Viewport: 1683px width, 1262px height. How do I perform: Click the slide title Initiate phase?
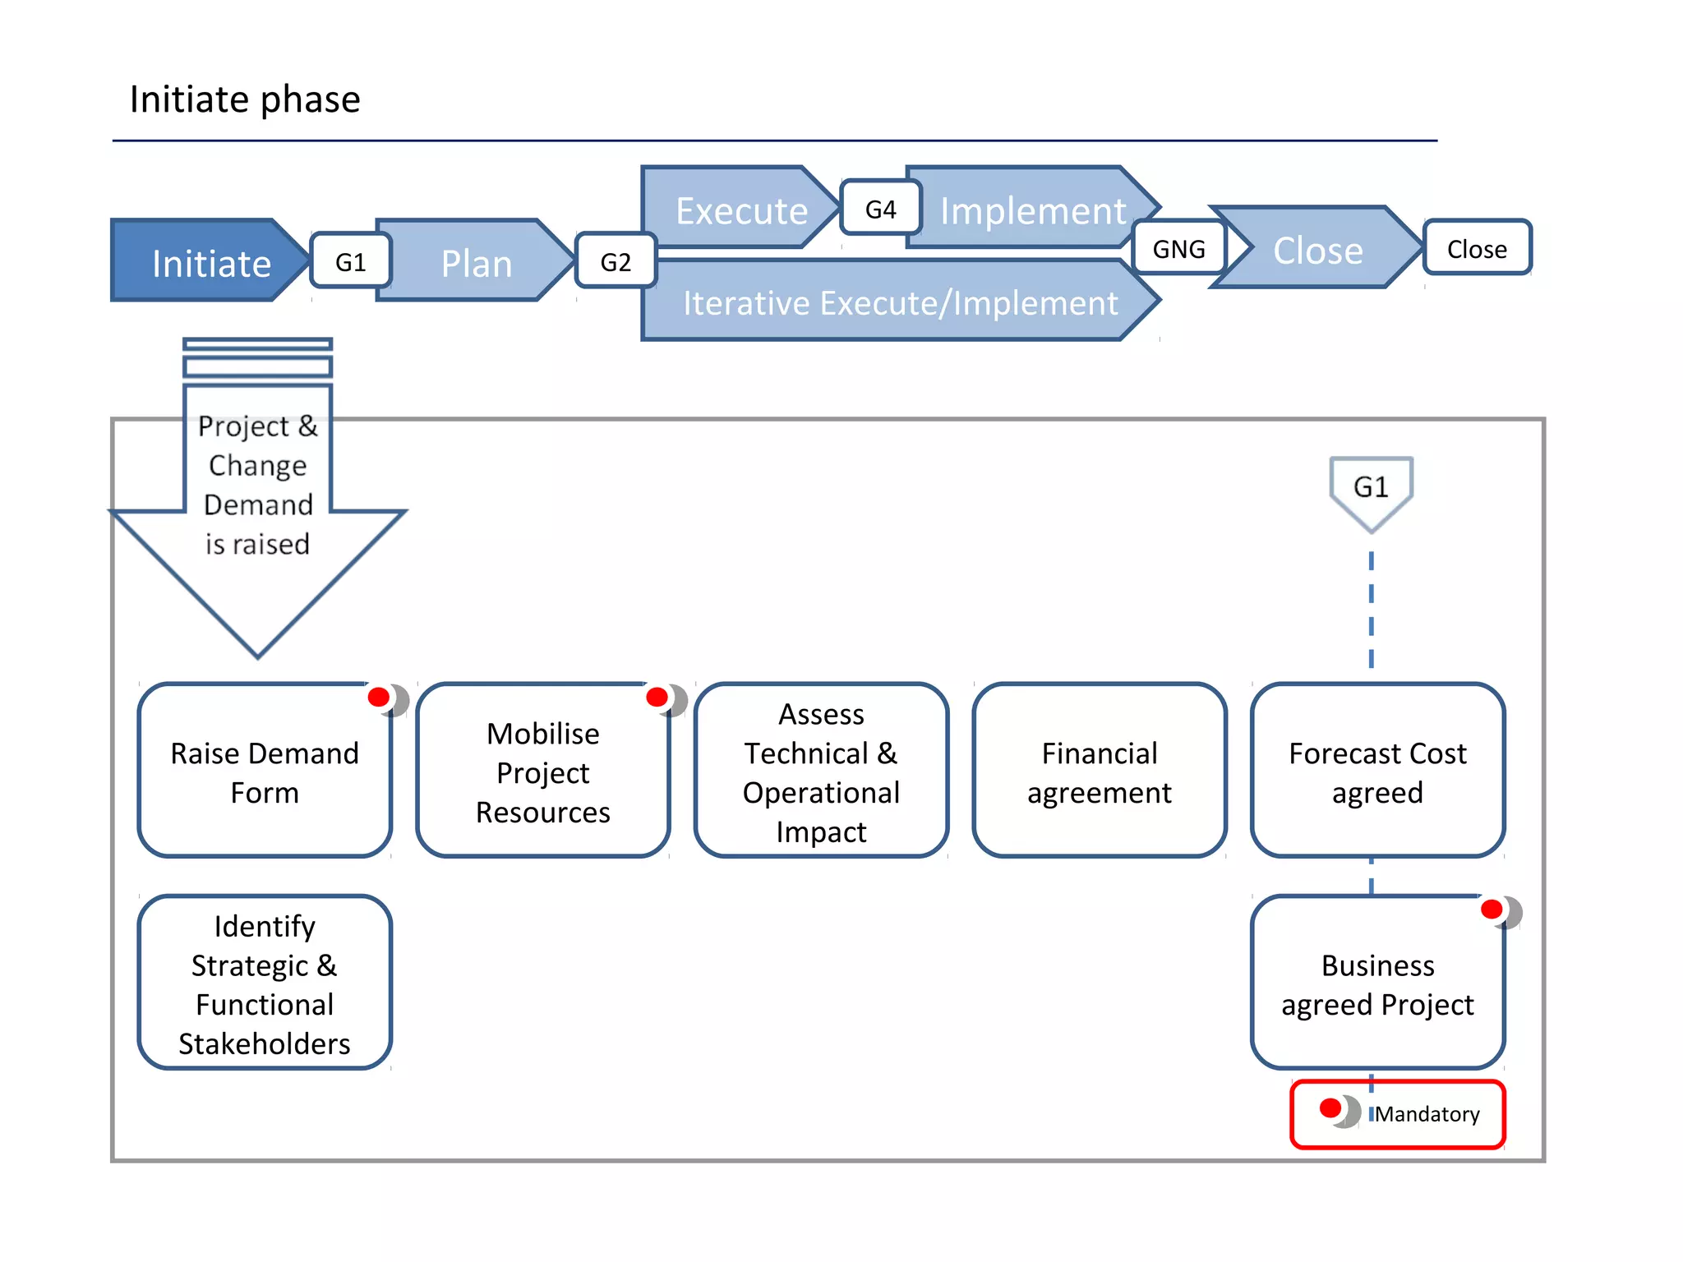(245, 99)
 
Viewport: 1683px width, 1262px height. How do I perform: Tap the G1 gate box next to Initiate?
(350, 261)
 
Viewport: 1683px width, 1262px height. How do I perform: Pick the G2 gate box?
(616, 261)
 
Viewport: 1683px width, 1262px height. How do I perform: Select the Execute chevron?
(740, 210)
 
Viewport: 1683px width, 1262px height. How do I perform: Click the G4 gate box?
(880, 209)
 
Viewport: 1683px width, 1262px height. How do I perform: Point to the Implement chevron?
(1032, 210)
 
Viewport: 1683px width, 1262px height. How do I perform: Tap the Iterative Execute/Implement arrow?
(900, 302)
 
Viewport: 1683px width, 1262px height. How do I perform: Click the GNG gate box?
(1178, 248)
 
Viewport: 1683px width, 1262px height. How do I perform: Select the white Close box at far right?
(1477, 248)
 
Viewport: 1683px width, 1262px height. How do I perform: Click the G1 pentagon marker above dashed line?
(1371, 490)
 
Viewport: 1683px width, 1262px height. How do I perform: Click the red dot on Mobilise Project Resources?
(657, 698)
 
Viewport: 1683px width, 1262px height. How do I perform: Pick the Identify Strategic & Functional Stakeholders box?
(265, 983)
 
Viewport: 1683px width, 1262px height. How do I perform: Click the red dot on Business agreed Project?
(1492, 910)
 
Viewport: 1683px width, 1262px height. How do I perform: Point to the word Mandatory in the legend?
(1427, 1114)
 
